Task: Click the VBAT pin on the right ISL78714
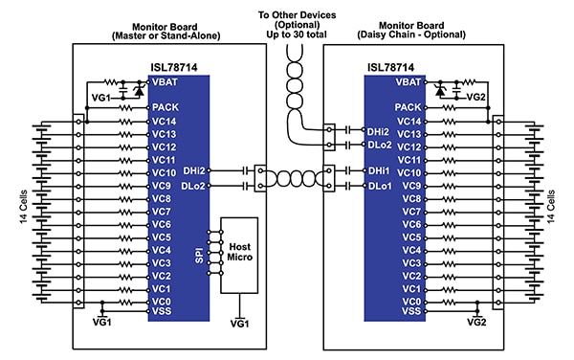tap(408, 82)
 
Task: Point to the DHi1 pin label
tap(379, 170)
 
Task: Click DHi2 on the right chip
tap(379, 131)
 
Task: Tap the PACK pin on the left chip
tap(164, 108)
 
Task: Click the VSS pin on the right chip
tap(409, 310)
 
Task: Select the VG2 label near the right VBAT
tap(475, 97)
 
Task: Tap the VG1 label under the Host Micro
tap(239, 324)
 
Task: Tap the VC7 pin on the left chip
tap(161, 210)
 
